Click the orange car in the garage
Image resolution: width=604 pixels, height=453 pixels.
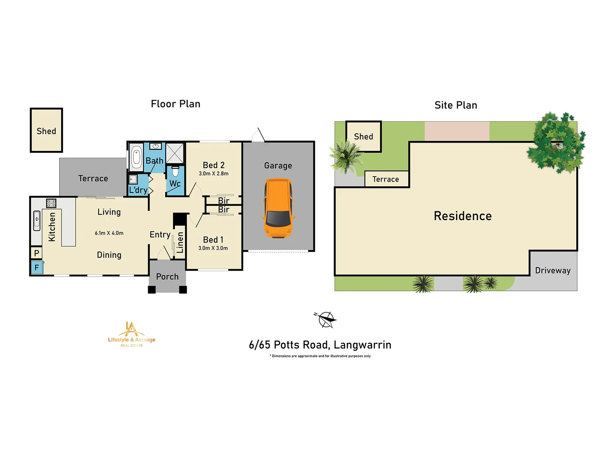pos(278,208)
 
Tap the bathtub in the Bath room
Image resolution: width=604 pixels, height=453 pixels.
pos(136,157)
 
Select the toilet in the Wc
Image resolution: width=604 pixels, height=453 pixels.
pos(175,171)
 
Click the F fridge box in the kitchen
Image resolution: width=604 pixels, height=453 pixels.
pos(36,268)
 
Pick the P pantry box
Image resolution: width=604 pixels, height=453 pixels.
pos(36,253)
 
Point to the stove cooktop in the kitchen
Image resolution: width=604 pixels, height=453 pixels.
pos(51,203)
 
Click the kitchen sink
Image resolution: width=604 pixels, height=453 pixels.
pos(37,221)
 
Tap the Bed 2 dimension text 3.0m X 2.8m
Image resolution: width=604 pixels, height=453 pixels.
pos(213,174)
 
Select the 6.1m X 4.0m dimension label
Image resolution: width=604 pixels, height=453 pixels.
pos(109,233)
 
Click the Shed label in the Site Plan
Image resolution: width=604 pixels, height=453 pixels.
pos(363,137)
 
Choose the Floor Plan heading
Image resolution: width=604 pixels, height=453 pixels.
pos(175,104)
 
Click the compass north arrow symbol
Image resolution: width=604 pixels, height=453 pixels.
pos(325,320)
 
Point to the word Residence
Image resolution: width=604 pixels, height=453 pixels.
pos(463,216)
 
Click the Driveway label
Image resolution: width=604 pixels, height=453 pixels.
pos(553,271)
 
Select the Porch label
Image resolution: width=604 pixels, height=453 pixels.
pos(167,277)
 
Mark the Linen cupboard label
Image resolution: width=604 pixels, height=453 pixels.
pos(180,242)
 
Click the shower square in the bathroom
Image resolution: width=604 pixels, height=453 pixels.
pos(175,153)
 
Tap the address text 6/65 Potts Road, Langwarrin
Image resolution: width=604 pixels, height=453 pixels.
pos(320,345)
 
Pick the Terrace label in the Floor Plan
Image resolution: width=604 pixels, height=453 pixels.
pos(93,179)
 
